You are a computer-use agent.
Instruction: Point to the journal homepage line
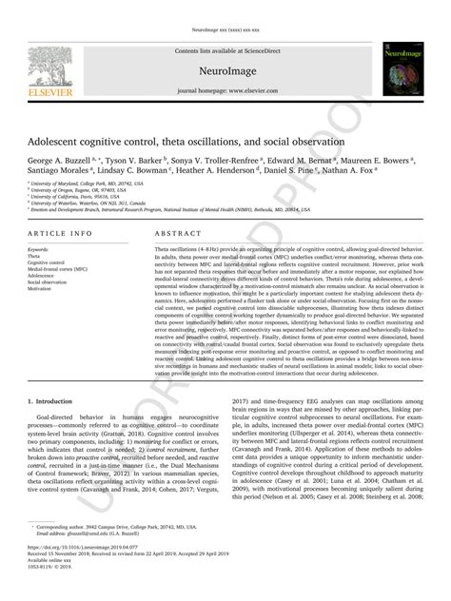[225, 90]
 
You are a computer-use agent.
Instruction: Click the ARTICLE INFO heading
[60, 232]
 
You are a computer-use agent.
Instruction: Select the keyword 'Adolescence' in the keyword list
[44, 275]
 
